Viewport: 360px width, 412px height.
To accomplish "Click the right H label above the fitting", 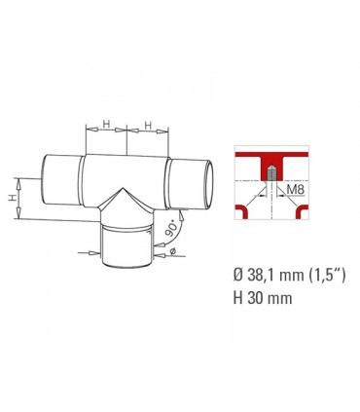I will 147,126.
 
